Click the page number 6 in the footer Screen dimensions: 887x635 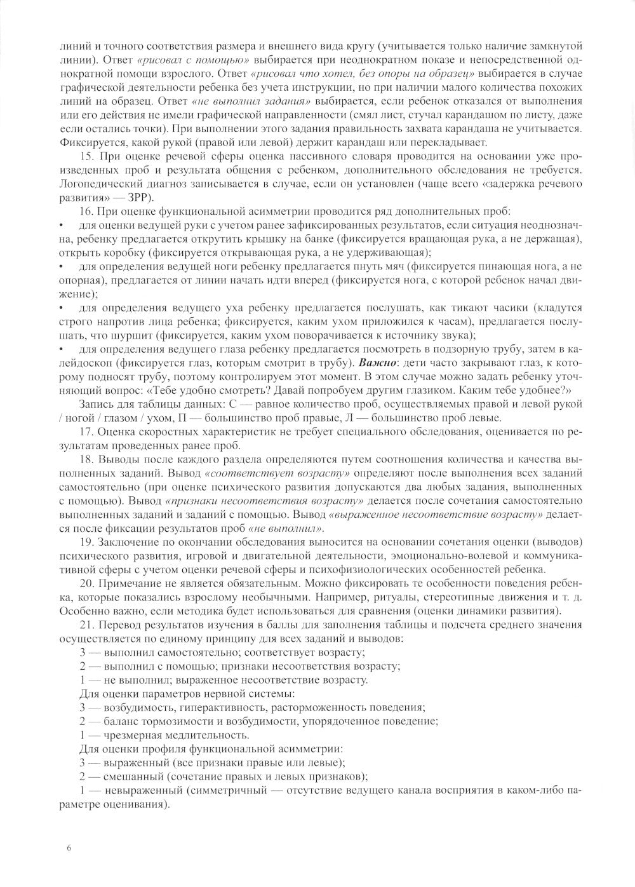pyautogui.click(x=69, y=847)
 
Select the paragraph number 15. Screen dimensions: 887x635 pyautogui.click(x=87, y=156)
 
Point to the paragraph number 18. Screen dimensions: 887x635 pyautogui.click(x=87, y=459)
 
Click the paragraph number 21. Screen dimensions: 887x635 pyautogui.click(x=87, y=625)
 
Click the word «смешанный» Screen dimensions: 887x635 pyautogui.click(x=126, y=776)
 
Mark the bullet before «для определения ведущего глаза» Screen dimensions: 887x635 pyautogui.click(x=61, y=351)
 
